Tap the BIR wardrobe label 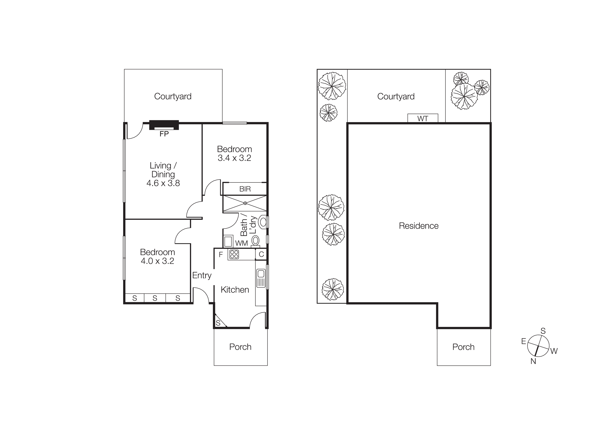pos(245,189)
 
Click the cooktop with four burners pos(234,254)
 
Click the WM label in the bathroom pos(241,243)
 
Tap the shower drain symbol pos(245,203)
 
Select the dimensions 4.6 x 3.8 pos(163,183)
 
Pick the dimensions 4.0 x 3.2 pos(157,261)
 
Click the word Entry pos(202,275)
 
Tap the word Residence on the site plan pos(418,226)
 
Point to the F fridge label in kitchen pos(221,254)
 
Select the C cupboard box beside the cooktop pos(261,254)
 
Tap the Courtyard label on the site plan pos(396,96)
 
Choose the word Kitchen pos(235,290)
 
